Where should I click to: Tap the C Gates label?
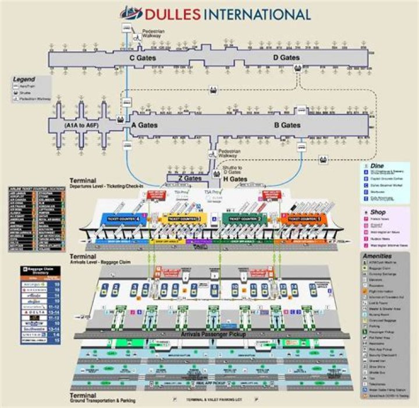pyautogui.click(x=140, y=58)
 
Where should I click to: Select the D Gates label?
pyautogui.click(x=286, y=58)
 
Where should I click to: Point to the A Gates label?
pyautogui.click(x=144, y=125)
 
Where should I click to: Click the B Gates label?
pyautogui.click(x=287, y=125)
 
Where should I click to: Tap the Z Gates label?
pyautogui.click(x=189, y=178)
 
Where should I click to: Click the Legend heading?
pyautogui.click(x=24, y=79)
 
